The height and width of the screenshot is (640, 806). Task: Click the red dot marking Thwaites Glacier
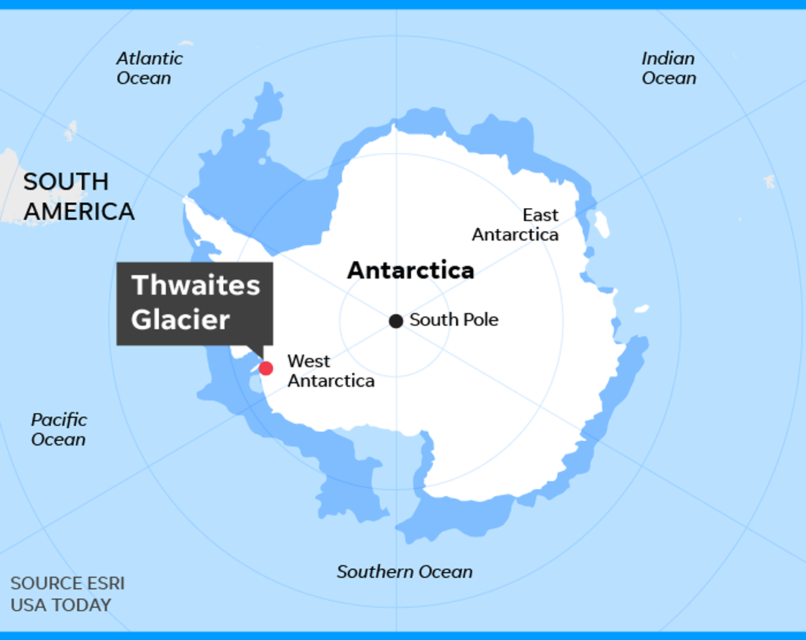(266, 368)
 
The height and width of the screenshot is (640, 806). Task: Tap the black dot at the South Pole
(396, 321)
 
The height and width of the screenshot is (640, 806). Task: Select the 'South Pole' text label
(454, 320)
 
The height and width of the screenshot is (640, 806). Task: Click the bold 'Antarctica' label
(410, 270)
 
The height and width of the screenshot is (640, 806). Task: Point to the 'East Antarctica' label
(516, 225)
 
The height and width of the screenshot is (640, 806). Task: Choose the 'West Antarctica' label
(331, 371)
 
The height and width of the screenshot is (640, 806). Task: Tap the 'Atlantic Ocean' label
(149, 68)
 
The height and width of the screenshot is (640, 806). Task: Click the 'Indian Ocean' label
(669, 68)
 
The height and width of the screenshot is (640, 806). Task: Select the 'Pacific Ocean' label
(59, 429)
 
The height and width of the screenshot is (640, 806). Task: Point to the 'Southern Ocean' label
(404, 572)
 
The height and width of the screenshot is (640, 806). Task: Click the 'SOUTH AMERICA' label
(78, 196)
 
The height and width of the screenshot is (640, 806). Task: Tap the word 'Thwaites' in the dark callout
(196, 285)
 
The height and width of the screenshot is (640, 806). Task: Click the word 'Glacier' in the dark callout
(181, 319)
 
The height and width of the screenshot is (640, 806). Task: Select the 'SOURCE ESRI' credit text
(67, 583)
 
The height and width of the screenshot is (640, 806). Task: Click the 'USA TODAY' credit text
(60, 605)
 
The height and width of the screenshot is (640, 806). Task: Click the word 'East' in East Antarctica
(540, 215)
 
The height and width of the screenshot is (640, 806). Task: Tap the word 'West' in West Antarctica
(308, 361)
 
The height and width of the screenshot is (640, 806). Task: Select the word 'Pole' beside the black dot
(479, 320)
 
